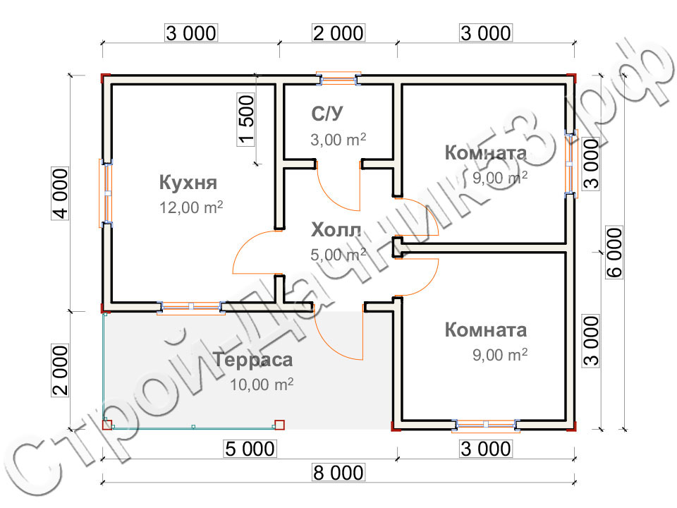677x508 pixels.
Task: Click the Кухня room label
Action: [188, 183]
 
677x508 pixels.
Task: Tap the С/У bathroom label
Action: [327, 114]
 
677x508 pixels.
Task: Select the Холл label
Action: [336, 230]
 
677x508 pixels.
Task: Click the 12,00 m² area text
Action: [191, 207]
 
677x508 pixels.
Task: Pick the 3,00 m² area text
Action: [338, 140]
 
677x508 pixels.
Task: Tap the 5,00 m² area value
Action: [338, 255]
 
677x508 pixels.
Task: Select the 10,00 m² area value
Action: [262, 384]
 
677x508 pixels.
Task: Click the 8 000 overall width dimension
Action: [338, 473]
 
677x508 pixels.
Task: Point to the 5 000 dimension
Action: [250, 449]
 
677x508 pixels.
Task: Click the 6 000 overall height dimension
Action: [614, 253]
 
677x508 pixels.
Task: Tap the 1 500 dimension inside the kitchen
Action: [246, 120]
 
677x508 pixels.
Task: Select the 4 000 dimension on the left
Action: [60, 193]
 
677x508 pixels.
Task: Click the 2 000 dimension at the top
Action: [338, 33]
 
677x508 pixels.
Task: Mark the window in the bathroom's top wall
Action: [338, 79]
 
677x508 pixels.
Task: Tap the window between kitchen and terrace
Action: [191, 307]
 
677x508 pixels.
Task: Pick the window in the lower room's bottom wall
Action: [486, 425]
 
